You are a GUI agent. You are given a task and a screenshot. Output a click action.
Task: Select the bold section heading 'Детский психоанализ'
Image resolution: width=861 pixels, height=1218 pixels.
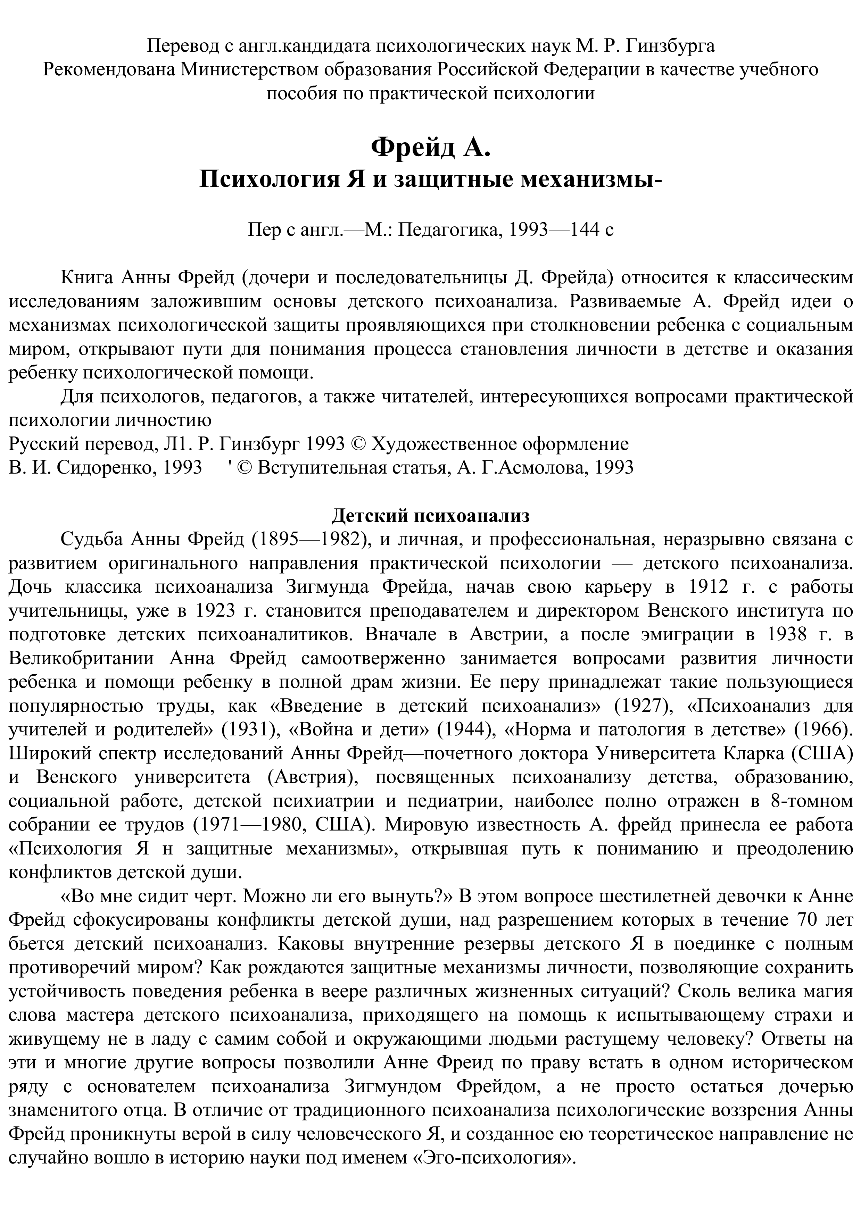(430, 515)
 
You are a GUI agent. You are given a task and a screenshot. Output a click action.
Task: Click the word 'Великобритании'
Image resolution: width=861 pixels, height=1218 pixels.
(81, 658)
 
